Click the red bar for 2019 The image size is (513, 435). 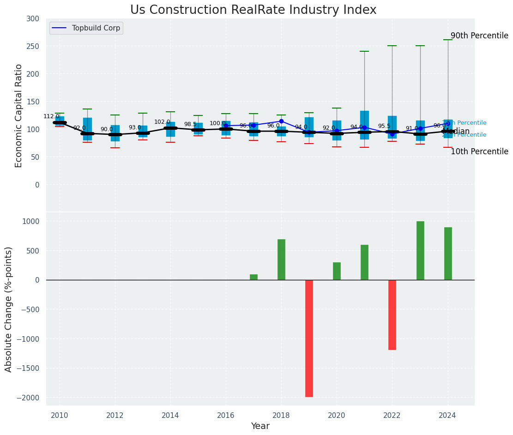click(309, 338)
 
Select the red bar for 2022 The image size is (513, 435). click(392, 314)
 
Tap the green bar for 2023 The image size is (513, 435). click(420, 250)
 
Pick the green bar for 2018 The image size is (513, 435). click(281, 259)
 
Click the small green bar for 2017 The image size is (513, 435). click(253, 277)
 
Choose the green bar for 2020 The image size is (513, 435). click(337, 271)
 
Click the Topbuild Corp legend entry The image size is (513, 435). click(96, 28)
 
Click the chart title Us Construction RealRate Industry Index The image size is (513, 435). click(253, 10)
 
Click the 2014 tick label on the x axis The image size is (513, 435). click(170, 415)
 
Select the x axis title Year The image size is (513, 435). click(260, 426)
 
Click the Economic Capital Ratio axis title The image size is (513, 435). click(19, 115)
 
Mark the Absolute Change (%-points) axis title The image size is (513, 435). click(9, 309)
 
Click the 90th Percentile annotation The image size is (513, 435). click(479, 36)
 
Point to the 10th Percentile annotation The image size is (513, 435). click(479, 151)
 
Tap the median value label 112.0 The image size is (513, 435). click(51, 116)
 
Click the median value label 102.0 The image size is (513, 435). click(162, 122)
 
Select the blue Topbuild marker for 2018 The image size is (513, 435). click(281, 121)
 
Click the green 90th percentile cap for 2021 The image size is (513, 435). click(364, 51)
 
